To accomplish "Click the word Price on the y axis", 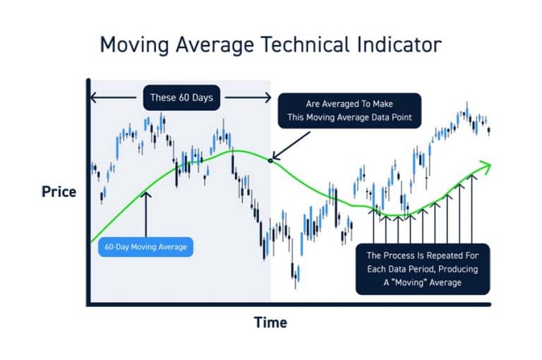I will [x=59, y=191].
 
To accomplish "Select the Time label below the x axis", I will [x=270, y=323].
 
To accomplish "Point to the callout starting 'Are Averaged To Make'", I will [x=349, y=111].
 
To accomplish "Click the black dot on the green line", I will [x=270, y=160].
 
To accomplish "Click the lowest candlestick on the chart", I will [x=297, y=272].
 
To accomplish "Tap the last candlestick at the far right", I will [x=489, y=129].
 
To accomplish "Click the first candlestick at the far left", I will [x=92, y=168].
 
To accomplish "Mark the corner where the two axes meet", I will [x=88, y=305].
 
